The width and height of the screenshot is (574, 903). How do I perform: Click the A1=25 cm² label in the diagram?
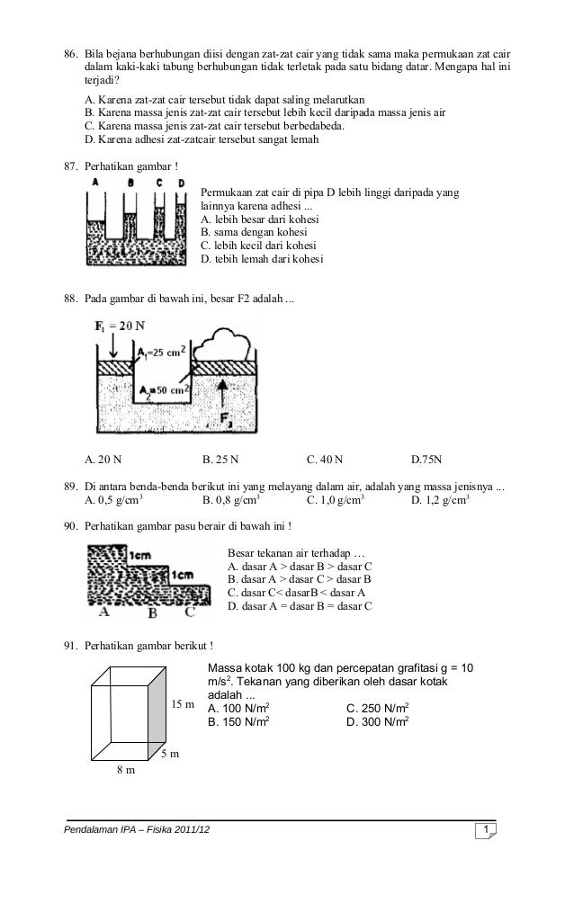pyautogui.click(x=165, y=353)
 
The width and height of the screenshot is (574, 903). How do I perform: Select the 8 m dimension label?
pyautogui.click(x=124, y=770)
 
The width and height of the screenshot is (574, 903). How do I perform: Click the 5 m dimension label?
pyautogui.click(x=169, y=753)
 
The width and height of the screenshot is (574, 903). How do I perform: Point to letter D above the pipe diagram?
pyautogui.click(x=183, y=183)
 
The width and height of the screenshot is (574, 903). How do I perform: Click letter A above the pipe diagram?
pyautogui.click(x=94, y=183)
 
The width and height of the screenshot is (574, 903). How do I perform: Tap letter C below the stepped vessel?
pyautogui.click(x=189, y=613)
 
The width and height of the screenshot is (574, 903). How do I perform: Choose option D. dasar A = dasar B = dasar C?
pyautogui.click(x=300, y=606)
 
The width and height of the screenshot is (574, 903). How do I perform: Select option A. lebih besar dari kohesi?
pyautogui.click(x=265, y=219)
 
